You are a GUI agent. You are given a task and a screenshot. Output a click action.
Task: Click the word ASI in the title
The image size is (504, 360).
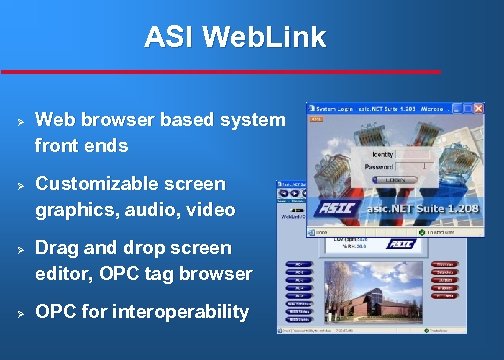(x=167, y=38)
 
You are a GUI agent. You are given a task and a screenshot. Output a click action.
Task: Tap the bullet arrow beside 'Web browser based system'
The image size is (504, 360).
(x=19, y=121)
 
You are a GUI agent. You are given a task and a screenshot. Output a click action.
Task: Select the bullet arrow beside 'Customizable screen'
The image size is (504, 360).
(x=19, y=185)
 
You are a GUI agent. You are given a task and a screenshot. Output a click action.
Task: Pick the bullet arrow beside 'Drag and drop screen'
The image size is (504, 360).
(x=19, y=249)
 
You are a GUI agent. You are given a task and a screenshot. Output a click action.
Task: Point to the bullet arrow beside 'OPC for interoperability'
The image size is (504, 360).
(x=19, y=313)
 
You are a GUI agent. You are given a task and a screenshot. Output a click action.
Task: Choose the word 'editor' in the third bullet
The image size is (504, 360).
(x=64, y=273)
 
